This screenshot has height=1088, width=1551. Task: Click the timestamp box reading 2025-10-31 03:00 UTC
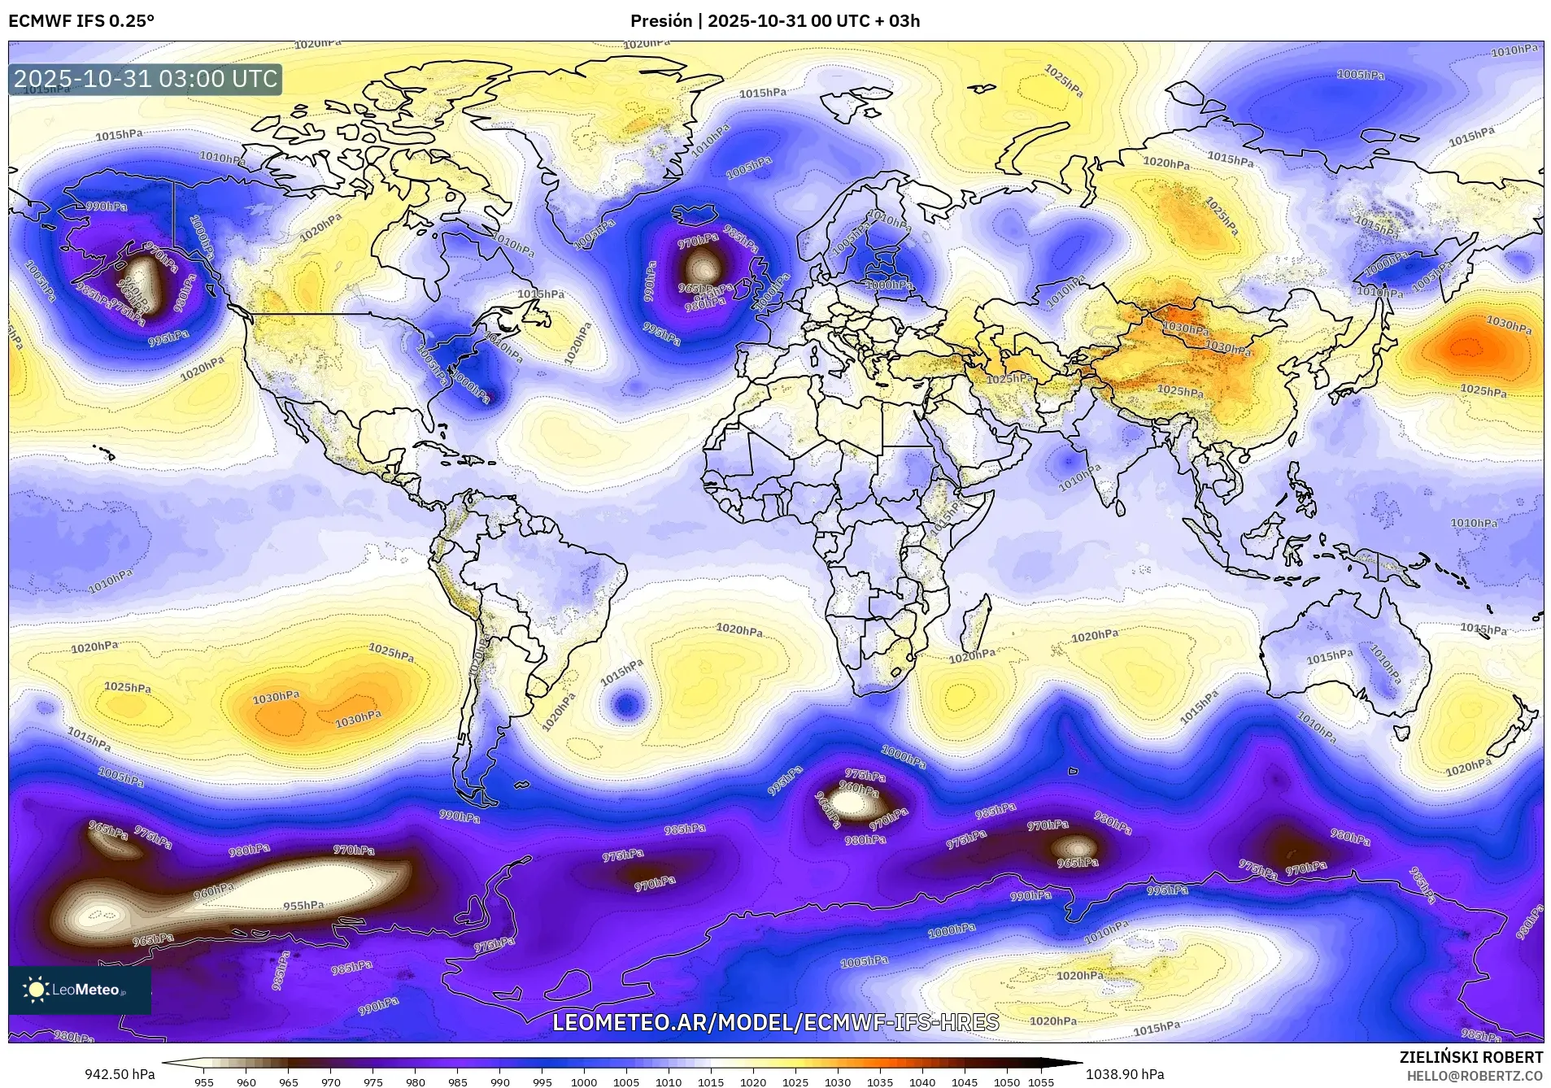click(146, 79)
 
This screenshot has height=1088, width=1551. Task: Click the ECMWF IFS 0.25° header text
click(81, 21)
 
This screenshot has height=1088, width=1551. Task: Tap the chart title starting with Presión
click(774, 21)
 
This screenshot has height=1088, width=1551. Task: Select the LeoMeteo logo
click(80, 989)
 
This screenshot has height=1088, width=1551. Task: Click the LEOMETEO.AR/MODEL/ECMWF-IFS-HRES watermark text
click(774, 1022)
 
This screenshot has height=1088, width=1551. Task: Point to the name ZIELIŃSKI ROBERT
click(1470, 1057)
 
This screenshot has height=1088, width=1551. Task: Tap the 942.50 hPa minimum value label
click(120, 1074)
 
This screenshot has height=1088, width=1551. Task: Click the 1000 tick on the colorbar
click(583, 1081)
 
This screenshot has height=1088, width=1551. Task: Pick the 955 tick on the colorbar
click(204, 1081)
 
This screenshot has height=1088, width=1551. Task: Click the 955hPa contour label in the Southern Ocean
click(303, 905)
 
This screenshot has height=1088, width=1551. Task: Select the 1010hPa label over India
click(1079, 477)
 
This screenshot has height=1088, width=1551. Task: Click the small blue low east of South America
click(625, 703)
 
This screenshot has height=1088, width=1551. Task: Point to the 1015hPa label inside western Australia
click(1330, 656)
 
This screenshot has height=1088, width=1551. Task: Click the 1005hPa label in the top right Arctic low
click(1361, 75)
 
